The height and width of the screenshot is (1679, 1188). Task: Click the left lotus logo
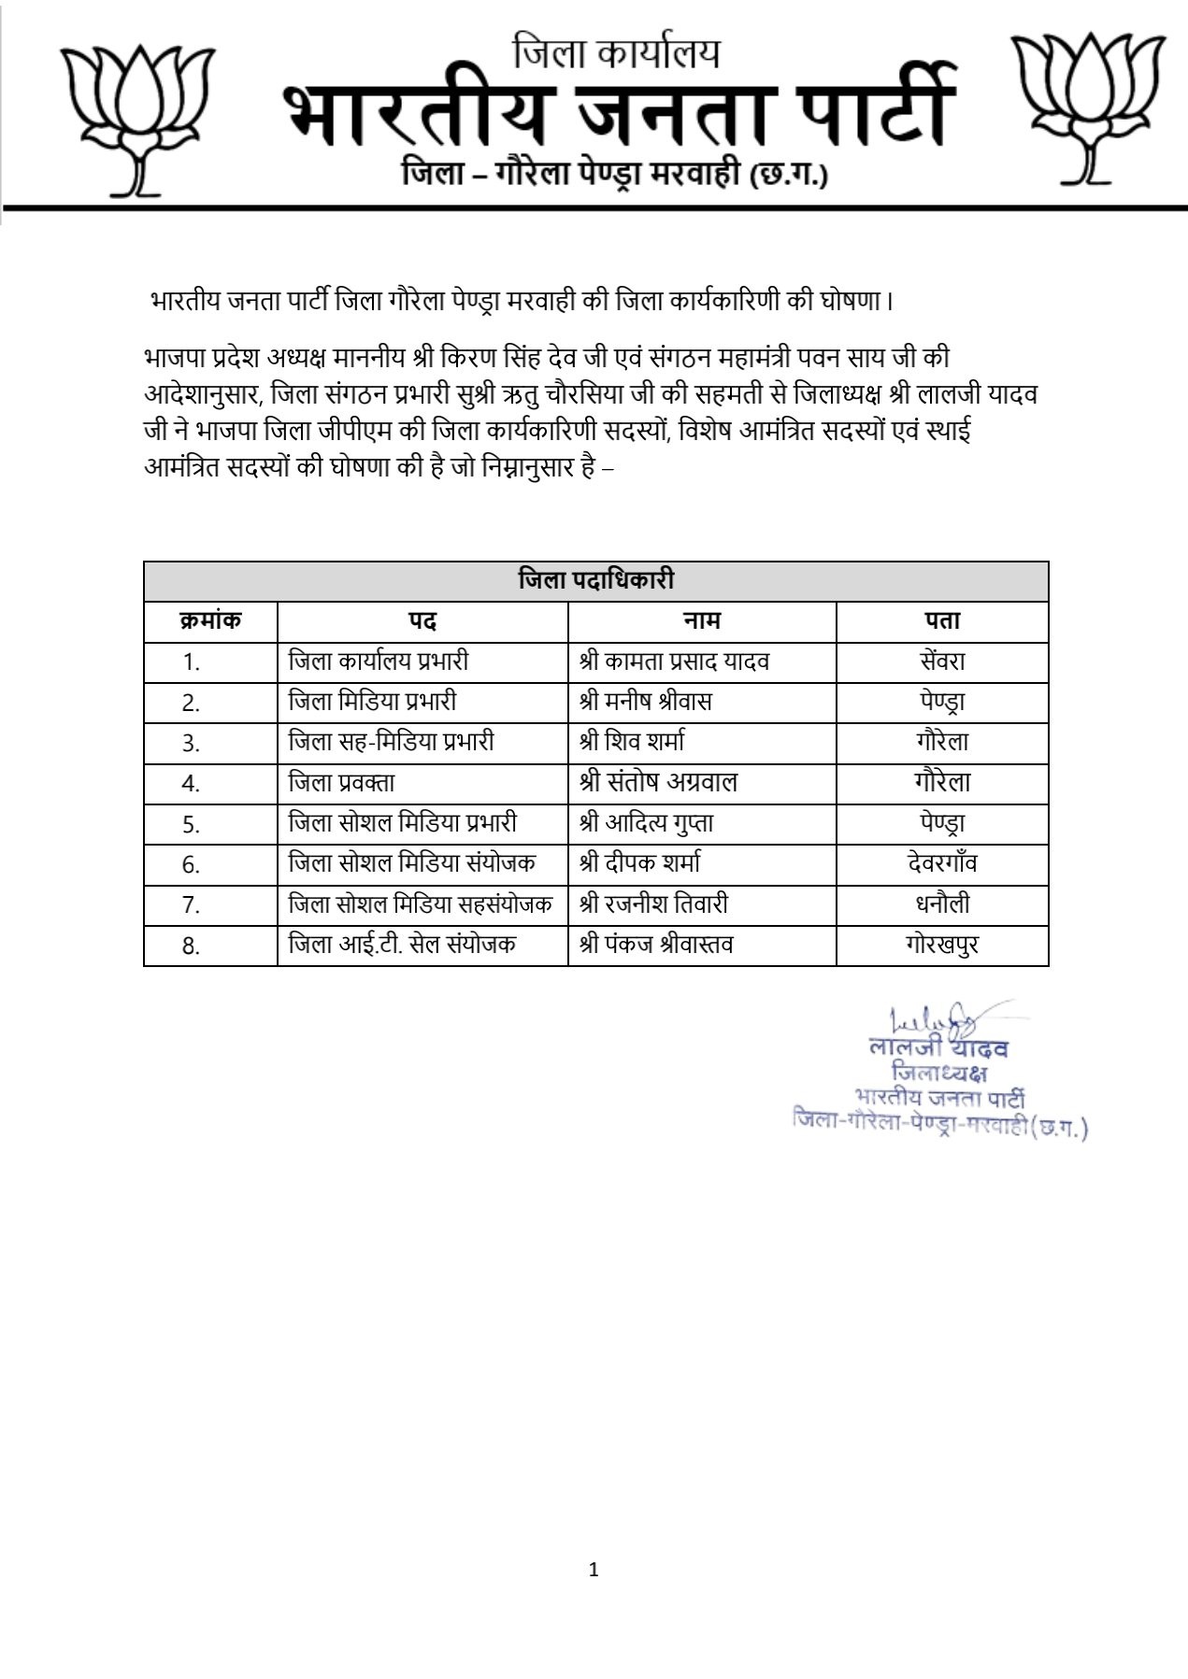pos(137,117)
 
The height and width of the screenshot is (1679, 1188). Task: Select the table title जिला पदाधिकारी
pos(595,580)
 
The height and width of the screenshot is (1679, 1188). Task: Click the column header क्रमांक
pos(210,620)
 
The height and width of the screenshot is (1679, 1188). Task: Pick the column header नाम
pos(701,620)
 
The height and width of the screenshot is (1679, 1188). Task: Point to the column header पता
pos(942,620)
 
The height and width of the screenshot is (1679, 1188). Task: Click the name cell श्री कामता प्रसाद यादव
pos(674,662)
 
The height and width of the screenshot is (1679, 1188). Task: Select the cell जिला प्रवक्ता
pos(342,782)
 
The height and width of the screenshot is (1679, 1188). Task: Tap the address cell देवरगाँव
pos(942,862)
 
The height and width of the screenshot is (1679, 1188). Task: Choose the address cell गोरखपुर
pos(942,944)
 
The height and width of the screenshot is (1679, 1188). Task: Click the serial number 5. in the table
pos(192,824)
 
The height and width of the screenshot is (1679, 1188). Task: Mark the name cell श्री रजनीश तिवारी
pos(653,904)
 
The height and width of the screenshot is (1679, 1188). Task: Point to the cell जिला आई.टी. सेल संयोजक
pos(402,944)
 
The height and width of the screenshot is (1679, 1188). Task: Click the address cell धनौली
pos(942,904)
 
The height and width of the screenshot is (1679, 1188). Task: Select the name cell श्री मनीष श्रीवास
pos(645,702)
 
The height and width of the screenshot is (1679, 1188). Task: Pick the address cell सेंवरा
pos(942,662)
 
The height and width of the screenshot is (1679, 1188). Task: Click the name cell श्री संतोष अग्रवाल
pos(658,782)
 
